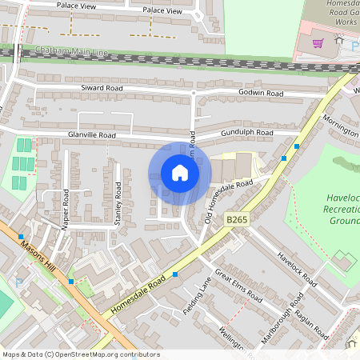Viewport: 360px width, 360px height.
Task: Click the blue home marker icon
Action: coord(180,174)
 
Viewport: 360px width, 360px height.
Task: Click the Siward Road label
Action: coord(102,88)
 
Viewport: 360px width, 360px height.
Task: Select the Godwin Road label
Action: coord(261,94)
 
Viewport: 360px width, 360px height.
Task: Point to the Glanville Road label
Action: coord(92,136)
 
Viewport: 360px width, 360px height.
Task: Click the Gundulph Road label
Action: coord(248,132)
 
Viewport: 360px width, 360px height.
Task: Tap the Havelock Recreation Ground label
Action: coord(342,209)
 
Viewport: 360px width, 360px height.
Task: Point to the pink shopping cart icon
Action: coord(318,44)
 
